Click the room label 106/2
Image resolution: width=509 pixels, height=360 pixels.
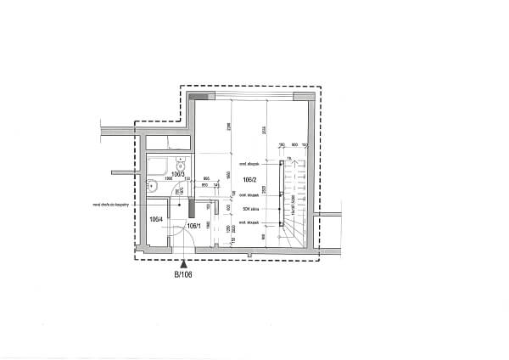[x=249, y=180]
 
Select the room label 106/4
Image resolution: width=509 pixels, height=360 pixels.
[x=156, y=218]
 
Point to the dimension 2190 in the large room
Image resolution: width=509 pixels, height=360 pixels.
[x=229, y=127]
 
